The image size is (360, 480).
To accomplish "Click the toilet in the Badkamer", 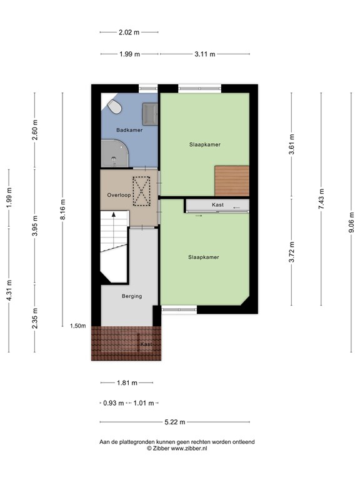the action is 114,106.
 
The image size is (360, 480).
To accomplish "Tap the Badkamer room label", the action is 129,130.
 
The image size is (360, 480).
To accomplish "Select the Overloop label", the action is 119,195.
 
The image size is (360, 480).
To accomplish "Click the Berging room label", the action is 132,296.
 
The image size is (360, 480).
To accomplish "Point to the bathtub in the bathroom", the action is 114,153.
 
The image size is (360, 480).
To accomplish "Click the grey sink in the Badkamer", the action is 150,114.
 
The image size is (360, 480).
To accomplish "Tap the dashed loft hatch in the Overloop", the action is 141,191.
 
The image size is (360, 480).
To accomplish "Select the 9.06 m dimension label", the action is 351,222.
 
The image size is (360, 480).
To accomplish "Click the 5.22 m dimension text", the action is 175,422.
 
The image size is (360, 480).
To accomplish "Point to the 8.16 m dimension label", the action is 62,209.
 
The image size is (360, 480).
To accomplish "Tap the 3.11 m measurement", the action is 205,54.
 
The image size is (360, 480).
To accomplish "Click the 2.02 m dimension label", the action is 129,32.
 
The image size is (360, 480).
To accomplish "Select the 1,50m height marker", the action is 77,326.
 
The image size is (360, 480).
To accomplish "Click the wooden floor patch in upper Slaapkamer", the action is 232,181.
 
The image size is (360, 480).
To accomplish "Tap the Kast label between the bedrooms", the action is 217,205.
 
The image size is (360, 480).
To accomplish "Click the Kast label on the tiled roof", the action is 146,344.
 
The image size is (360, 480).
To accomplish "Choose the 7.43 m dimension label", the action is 321,199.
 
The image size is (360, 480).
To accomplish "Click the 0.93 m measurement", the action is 113,403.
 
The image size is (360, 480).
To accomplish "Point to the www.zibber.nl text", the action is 189,449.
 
